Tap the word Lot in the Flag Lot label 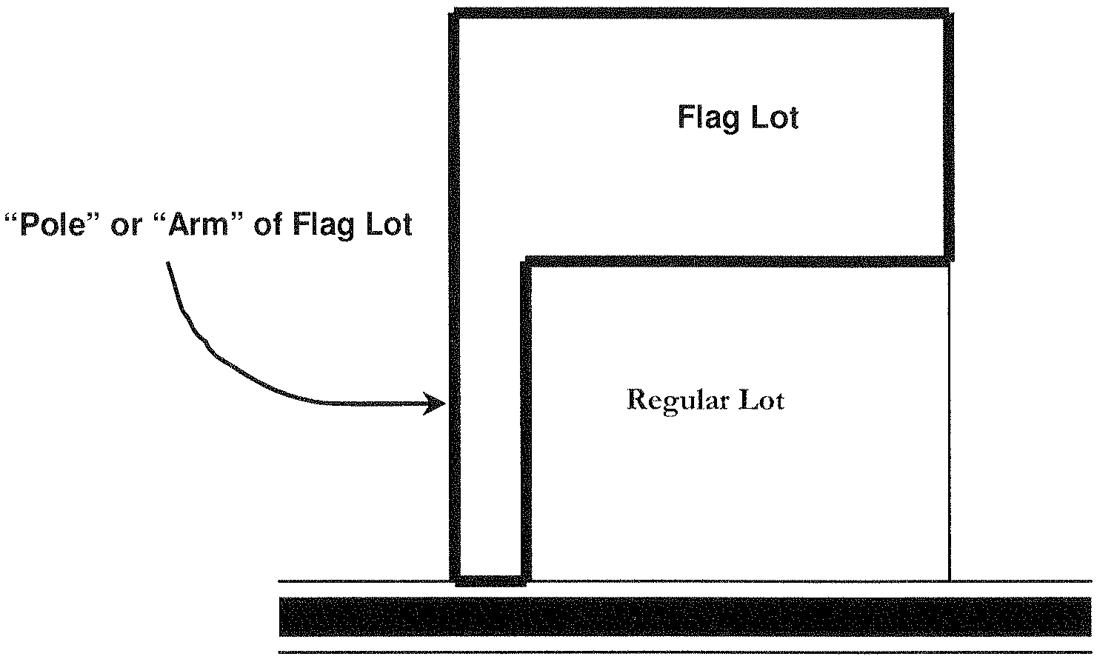pos(775,118)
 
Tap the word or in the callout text pos(125,225)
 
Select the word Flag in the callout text pos(319,225)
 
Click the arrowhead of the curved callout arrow pos(437,404)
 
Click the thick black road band pos(685,616)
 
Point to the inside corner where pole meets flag pos(527,261)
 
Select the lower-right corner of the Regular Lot pos(949,580)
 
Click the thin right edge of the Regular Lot pos(949,422)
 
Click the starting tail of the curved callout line pos(169,264)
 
